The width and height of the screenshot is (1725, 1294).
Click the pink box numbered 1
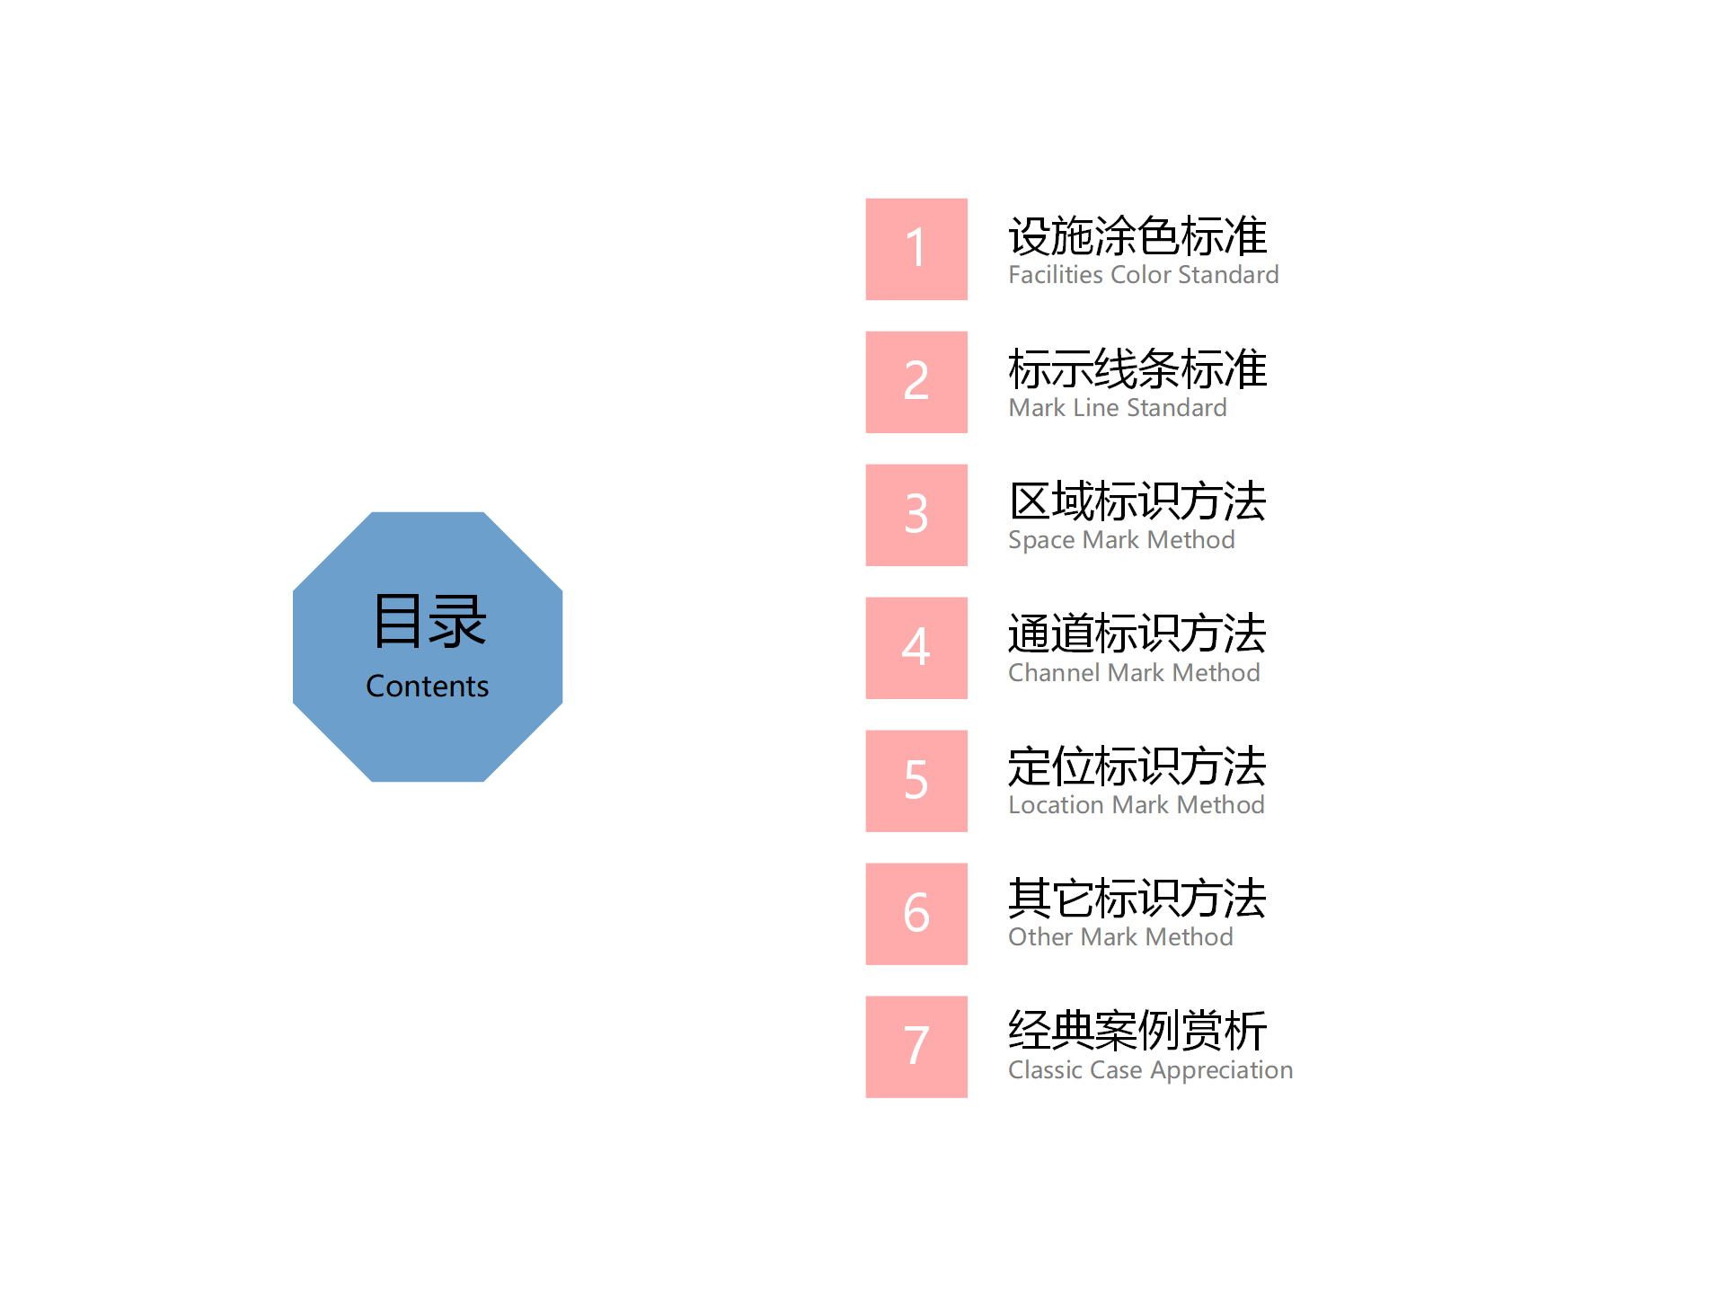point(916,249)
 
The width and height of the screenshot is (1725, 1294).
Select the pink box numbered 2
point(916,382)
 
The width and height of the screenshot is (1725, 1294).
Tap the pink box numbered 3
point(916,515)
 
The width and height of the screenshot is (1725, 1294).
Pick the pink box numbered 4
point(916,648)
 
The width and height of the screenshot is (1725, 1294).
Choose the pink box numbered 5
point(916,781)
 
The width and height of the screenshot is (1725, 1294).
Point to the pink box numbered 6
point(916,914)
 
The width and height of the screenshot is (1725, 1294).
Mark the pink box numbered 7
point(916,1047)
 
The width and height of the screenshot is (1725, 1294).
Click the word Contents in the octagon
point(428,687)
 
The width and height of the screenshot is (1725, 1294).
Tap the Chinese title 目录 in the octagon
point(429,621)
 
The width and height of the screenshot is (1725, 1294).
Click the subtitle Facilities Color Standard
point(1144,275)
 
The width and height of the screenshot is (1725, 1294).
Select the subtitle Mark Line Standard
point(1118,408)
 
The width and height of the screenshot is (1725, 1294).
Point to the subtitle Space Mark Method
point(1121,540)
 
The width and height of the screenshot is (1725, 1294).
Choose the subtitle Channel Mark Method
point(1134,673)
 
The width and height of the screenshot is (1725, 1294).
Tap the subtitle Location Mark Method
point(1137,805)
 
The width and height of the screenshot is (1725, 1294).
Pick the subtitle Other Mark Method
point(1120,937)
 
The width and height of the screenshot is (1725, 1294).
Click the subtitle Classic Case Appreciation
point(1151,1070)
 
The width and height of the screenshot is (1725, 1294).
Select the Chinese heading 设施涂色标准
point(1137,236)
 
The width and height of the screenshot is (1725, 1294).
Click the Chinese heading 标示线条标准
point(1137,369)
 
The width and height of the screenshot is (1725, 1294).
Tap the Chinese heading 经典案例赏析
point(1137,1031)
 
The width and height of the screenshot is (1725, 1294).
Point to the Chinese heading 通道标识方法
point(1137,634)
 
